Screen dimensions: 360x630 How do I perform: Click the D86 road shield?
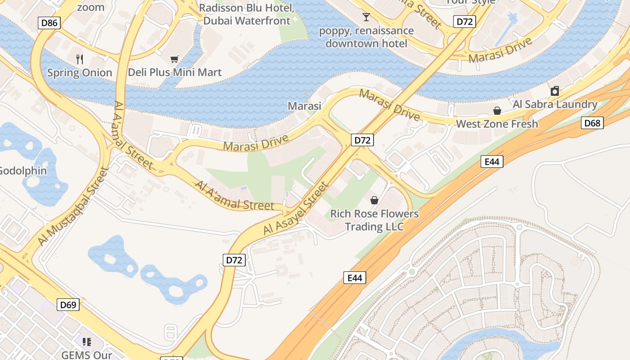(49, 22)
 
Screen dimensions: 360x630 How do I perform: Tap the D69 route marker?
(68, 305)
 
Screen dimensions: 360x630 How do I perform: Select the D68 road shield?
(592, 123)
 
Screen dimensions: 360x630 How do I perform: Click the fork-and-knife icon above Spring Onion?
(80, 59)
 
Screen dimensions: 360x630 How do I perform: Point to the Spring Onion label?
(80, 72)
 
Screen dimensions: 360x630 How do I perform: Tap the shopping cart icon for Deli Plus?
(175, 59)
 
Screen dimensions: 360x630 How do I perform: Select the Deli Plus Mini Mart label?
(175, 72)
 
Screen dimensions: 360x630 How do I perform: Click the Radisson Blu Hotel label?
(247, 14)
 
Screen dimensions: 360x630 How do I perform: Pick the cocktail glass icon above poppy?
(366, 17)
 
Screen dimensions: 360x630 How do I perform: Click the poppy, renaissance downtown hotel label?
(366, 37)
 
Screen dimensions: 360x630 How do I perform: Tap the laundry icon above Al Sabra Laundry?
(555, 91)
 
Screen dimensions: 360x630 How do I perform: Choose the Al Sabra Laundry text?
(555, 104)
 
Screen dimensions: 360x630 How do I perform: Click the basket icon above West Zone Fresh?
(497, 111)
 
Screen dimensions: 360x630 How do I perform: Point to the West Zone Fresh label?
(497, 124)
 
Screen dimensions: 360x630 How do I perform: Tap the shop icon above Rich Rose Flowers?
(374, 200)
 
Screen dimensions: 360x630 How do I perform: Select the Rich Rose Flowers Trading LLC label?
(374, 220)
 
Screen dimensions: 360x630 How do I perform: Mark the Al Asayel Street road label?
(296, 208)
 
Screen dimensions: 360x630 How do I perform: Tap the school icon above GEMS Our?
(86, 342)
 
